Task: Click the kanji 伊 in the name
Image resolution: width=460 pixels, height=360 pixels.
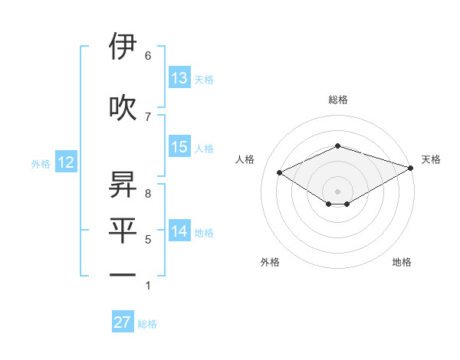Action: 123,47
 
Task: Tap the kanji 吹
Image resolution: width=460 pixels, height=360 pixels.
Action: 123,108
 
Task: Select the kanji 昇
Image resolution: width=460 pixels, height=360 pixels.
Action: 123,185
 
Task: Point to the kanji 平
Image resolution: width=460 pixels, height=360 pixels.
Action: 123,231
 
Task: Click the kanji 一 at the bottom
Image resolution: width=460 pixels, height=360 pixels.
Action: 123,274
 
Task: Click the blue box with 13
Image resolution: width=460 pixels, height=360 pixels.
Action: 179,78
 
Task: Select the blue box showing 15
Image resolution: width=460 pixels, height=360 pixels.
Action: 179,147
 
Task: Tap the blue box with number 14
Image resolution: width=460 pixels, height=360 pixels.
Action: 179,231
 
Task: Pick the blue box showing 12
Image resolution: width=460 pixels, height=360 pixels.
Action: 65,162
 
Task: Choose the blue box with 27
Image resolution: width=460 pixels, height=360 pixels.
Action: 123,322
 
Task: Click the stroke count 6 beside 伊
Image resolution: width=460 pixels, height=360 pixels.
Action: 148,56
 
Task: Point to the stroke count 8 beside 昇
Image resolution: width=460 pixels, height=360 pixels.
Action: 148,194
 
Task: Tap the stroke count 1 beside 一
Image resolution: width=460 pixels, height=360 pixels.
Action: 148,286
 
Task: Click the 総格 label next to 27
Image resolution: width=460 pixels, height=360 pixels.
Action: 147,324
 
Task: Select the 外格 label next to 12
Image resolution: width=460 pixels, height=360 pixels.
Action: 41,163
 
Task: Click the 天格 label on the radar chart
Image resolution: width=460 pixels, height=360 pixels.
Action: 431,159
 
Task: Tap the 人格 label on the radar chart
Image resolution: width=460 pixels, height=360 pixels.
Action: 245,159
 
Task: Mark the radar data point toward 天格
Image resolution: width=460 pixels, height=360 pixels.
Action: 411,169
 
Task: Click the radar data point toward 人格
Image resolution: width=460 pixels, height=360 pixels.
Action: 279,172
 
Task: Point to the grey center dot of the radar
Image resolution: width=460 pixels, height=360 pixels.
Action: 337,190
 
